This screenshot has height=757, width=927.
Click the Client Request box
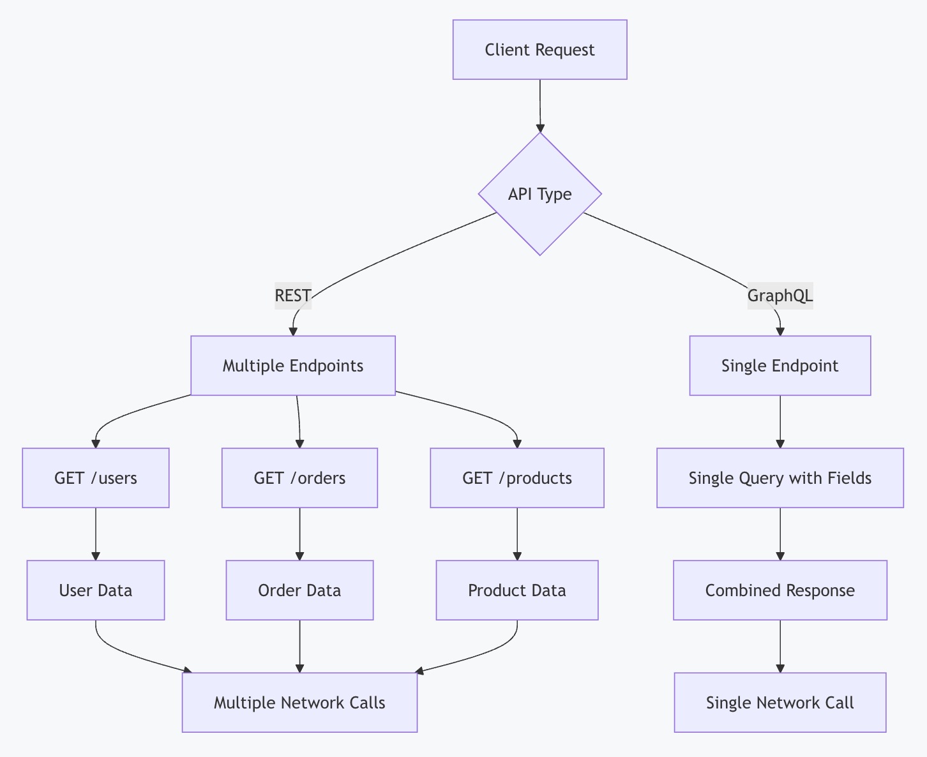[x=539, y=50]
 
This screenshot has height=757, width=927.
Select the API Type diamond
[x=539, y=194]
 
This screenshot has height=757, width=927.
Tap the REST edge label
[x=293, y=296]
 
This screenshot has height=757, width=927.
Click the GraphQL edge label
[x=780, y=296]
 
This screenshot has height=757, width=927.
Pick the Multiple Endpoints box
[x=293, y=366]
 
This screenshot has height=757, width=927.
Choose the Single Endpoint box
[x=780, y=366]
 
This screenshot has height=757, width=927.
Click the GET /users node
[x=96, y=478]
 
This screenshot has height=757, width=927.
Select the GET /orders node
[x=299, y=478]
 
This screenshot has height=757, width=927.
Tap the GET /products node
[x=517, y=478]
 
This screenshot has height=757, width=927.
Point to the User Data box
[x=96, y=590]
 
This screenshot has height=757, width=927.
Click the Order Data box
[x=299, y=590]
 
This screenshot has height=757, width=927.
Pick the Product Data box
[x=517, y=590]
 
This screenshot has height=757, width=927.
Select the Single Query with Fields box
[x=780, y=478]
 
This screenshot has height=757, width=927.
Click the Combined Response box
[x=780, y=590]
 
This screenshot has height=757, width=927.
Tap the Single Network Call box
[x=780, y=703]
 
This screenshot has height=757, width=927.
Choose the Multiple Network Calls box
[x=299, y=703]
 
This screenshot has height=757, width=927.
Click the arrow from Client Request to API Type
[x=540, y=105]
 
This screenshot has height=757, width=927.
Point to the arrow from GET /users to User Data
[x=96, y=534]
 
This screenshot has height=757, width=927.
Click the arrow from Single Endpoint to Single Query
[x=780, y=421]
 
